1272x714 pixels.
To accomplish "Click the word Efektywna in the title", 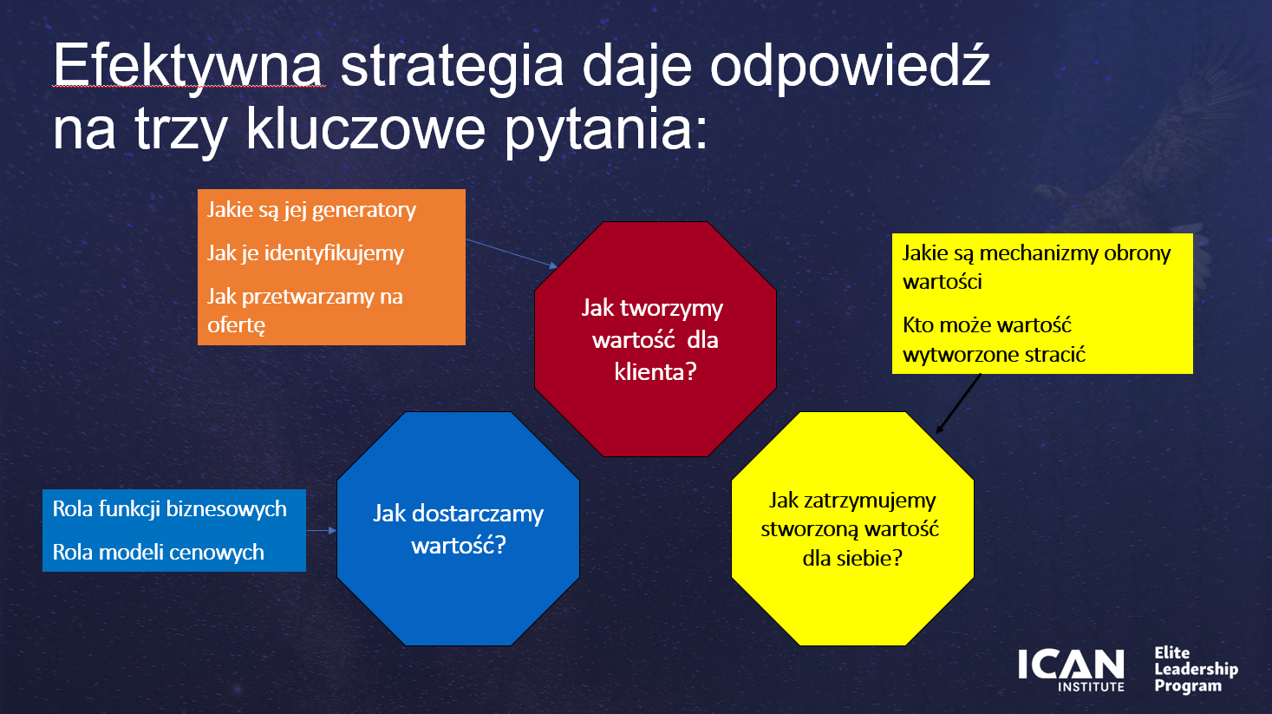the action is click(188, 67).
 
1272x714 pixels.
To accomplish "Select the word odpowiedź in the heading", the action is click(850, 67).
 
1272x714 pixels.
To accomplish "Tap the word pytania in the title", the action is click(606, 130).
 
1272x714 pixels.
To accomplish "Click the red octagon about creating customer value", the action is click(656, 339).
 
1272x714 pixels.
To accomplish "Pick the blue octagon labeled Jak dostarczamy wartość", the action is click(458, 529).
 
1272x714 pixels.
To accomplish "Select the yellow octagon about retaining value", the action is click(852, 529).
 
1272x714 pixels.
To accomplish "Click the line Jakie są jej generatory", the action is click(311, 211).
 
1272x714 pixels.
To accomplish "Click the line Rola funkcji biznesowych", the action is click(169, 509).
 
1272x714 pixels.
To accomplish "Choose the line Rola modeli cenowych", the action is click(158, 552).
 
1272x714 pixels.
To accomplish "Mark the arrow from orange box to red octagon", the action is click(512, 253).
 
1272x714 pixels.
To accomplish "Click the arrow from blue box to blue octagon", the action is click(322, 531).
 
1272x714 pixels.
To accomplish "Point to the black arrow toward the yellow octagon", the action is click(958, 403).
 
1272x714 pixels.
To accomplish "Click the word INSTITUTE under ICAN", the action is click(1091, 687).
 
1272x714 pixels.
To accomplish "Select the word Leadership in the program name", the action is click(1196, 669).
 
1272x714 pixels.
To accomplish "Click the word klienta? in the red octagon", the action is click(656, 372).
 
